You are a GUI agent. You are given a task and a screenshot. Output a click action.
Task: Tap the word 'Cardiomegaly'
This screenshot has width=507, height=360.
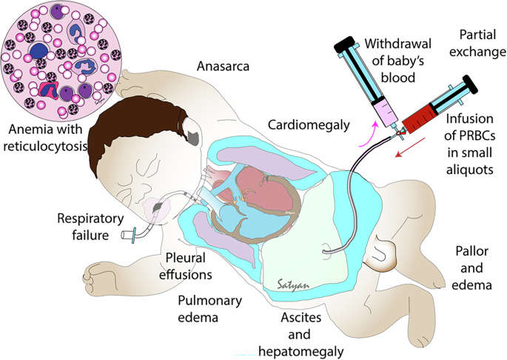coord(309,124)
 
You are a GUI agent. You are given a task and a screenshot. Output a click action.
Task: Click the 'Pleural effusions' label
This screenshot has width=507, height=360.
coord(188,264)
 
